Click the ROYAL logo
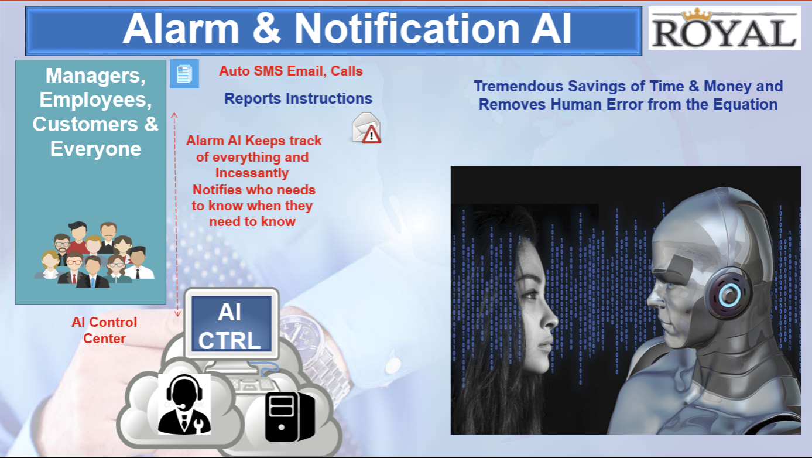pyautogui.click(x=724, y=28)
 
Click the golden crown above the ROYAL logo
pyautogui.click(x=696, y=15)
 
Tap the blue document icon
pyautogui.click(x=184, y=74)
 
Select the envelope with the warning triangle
pyautogui.click(x=366, y=128)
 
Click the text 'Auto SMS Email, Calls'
pyautogui.click(x=291, y=71)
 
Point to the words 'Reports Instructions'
pyautogui.click(x=298, y=98)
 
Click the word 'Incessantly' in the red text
pyautogui.click(x=252, y=173)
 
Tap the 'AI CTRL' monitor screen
pyautogui.click(x=232, y=324)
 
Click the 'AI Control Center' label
pyautogui.click(x=104, y=330)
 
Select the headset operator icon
pyautogui.click(x=184, y=404)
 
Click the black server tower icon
pyautogui.click(x=290, y=416)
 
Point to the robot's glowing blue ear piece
pyautogui.click(x=729, y=294)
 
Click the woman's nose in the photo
pyautogui.click(x=551, y=319)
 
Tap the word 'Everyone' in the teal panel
pyautogui.click(x=95, y=149)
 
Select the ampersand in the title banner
pyautogui.click(x=266, y=29)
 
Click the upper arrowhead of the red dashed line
pyautogui.click(x=174, y=115)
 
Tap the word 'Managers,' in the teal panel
pyautogui.click(x=95, y=76)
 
